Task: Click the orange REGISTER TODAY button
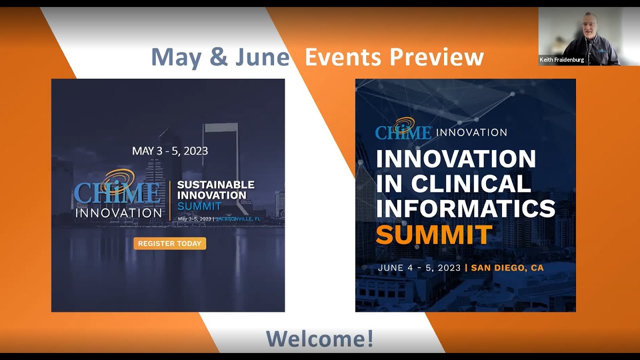pyautogui.click(x=169, y=243)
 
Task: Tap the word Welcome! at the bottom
pyautogui.click(x=319, y=338)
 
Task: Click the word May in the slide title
pyautogui.click(x=175, y=57)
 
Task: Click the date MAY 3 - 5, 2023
pyautogui.click(x=170, y=150)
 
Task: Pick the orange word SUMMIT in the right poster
pyautogui.click(x=434, y=234)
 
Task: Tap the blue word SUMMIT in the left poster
pyautogui.click(x=199, y=206)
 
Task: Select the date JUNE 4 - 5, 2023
pyautogui.click(x=419, y=268)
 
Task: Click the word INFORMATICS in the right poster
pyautogui.click(x=465, y=208)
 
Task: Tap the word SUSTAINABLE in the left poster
pyautogui.click(x=215, y=185)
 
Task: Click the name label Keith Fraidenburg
pyautogui.click(x=561, y=60)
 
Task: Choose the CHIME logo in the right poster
pyautogui.click(x=403, y=129)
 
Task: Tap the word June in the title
pyautogui.click(x=262, y=57)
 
